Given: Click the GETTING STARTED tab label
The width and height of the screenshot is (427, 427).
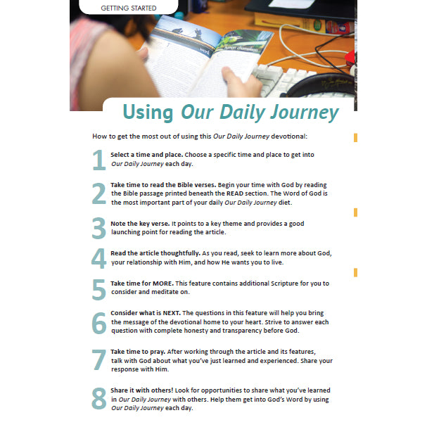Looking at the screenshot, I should (x=129, y=8).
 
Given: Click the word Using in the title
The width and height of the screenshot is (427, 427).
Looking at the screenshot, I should (x=149, y=112).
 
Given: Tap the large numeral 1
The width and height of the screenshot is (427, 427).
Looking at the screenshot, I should (x=98, y=160).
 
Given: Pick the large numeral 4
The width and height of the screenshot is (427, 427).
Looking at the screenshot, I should (x=98, y=259).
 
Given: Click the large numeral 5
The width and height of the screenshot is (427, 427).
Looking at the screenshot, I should (x=98, y=288).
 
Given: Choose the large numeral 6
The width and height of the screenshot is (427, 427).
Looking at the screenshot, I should (x=98, y=322).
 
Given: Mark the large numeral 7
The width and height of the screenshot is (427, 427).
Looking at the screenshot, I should (x=98, y=360).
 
